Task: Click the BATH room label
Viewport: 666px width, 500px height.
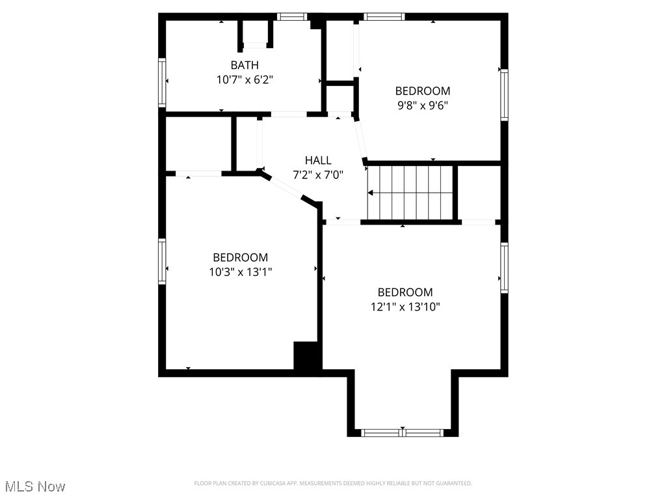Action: tap(245, 65)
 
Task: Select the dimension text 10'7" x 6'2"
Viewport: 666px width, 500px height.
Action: tap(245, 79)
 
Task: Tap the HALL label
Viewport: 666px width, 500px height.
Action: tap(318, 160)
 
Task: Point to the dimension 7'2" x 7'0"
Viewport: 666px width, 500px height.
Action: tap(318, 174)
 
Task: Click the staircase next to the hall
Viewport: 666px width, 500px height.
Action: tap(410, 193)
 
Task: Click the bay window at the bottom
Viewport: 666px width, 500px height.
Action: tap(403, 432)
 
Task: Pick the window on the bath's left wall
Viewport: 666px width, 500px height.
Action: tap(162, 82)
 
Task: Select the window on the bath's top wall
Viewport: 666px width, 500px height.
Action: tap(292, 17)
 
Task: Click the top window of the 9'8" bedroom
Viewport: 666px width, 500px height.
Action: tap(384, 17)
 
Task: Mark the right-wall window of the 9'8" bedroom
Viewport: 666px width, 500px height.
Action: tap(504, 96)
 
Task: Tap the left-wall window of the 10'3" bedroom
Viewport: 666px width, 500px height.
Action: tap(162, 261)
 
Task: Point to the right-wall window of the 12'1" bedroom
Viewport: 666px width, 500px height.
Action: tap(504, 268)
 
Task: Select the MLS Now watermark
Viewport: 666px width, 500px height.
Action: tap(36, 486)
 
